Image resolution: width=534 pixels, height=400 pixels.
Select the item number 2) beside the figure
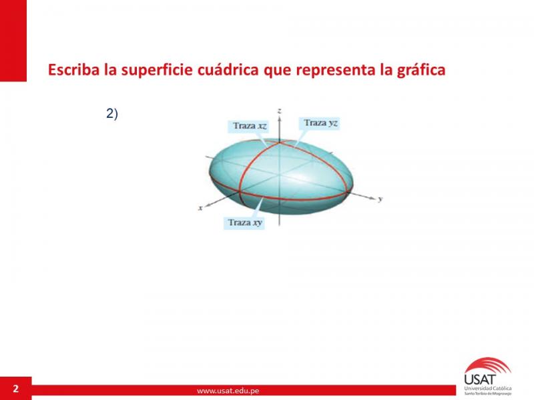[112, 113]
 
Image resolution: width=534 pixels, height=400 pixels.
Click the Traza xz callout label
[249, 126]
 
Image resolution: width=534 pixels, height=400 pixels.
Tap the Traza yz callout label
[320, 123]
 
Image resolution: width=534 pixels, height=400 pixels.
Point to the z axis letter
[279, 111]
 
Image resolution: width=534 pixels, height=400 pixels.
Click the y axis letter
[380, 199]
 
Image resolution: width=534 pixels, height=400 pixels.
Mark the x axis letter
[201, 207]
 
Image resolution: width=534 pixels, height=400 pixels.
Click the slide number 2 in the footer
[15, 389]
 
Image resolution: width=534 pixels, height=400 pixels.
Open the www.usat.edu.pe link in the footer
[228, 391]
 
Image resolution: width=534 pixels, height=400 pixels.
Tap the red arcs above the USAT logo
[489, 365]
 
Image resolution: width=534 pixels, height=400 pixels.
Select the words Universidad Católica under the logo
[488, 388]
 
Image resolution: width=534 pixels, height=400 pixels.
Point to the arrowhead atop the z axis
[279, 118]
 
